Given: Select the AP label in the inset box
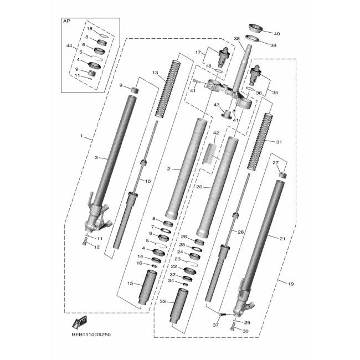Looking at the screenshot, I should coord(68,20).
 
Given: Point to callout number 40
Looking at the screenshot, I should coord(277,34).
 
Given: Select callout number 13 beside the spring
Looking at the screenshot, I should coord(156,73).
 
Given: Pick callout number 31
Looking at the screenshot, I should coord(279,142).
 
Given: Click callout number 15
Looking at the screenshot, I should coord(130,284).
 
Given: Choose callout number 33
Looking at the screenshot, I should coord(162,302).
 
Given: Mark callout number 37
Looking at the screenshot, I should coord(216,325).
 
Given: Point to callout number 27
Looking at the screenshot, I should coord(275,162).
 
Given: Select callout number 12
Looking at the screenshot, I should coord(97,246).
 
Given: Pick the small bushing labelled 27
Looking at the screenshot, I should coord(282,177).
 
